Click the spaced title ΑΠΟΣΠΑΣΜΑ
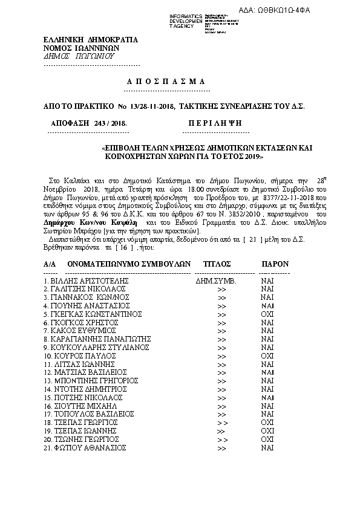click(166, 82)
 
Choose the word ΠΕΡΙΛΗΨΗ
click(212, 122)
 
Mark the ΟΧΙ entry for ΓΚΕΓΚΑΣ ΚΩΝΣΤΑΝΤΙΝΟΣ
click(267, 314)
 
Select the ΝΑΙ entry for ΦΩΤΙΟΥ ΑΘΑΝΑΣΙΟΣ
click(267, 448)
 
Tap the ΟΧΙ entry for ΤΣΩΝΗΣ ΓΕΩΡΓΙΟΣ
click(267, 439)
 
